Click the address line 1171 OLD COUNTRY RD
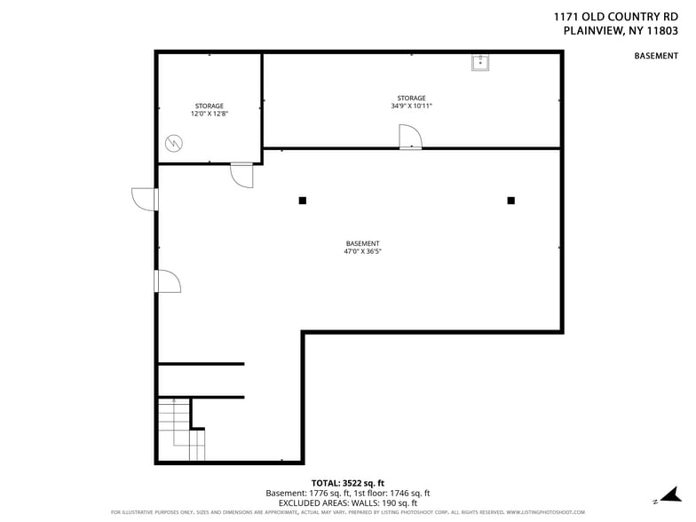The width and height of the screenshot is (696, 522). coord(621,15)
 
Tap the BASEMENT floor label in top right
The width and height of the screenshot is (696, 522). coord(656,56)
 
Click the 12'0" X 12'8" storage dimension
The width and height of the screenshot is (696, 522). coord(210,114)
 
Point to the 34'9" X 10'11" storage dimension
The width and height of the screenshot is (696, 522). coord(411,106)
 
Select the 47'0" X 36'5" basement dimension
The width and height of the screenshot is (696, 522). coord(362,251)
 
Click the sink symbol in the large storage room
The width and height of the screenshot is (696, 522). coord(479,62)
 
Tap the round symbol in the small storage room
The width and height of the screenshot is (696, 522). coord(175,142)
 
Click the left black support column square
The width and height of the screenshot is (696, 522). coord(303,201)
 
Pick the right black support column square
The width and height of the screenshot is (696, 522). coord(510,201)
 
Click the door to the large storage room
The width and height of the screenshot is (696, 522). coord(409,138)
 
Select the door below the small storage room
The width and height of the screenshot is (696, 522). coord(241,175)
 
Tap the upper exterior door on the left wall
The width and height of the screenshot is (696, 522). coord(144,199)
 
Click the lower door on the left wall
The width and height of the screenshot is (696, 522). coord(167,281)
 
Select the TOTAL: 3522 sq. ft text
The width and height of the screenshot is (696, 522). coord(347,482)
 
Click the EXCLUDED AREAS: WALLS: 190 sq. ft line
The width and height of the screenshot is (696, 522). coord(347,502)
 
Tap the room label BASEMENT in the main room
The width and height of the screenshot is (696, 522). coord(362,243)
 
